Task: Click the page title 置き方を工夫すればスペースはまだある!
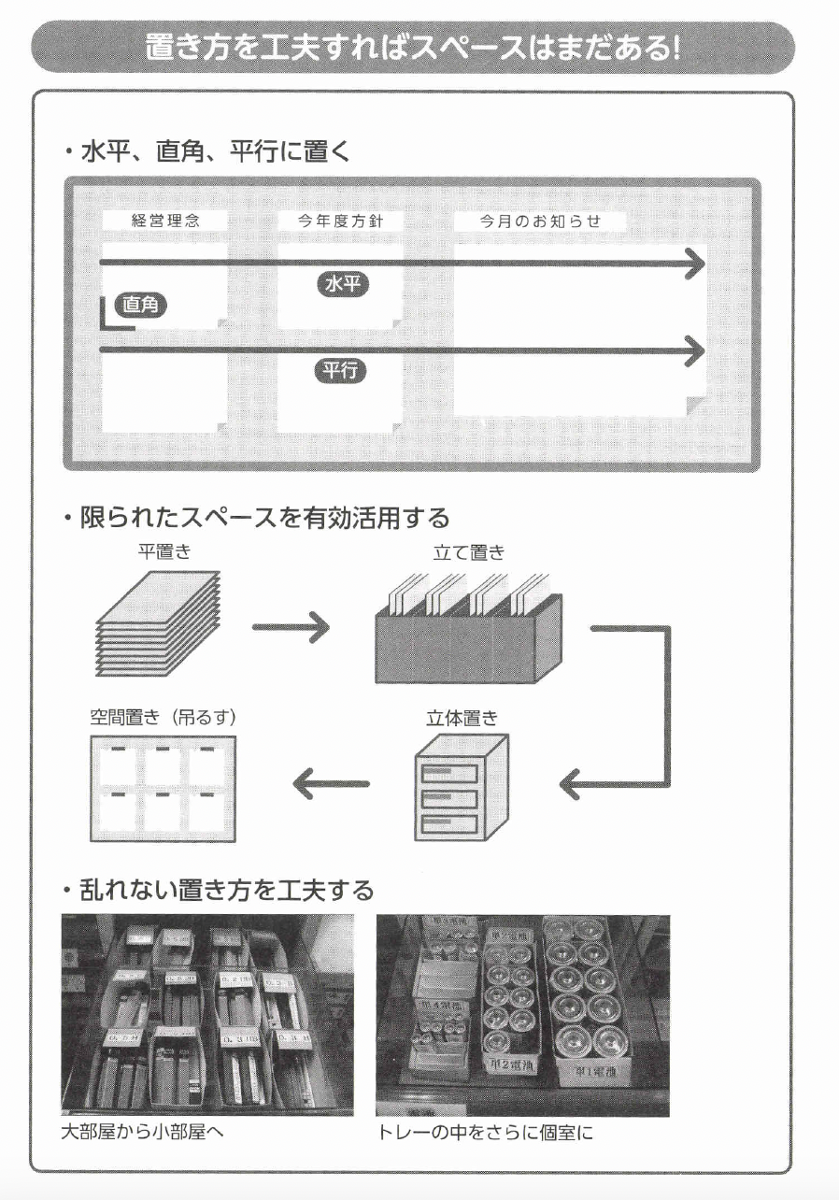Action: tap(412, 48)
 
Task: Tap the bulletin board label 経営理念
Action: tap(165, 221)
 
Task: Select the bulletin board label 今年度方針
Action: tap(340, 221)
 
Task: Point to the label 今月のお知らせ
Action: tap(539, 221)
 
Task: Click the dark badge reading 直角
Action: tap(140, 305)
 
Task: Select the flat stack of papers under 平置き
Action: tap(157, 624)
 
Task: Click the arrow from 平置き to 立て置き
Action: tap(291, 627)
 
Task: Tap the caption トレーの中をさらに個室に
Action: tap(485, 1133)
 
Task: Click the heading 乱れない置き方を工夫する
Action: tap(222, 890)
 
